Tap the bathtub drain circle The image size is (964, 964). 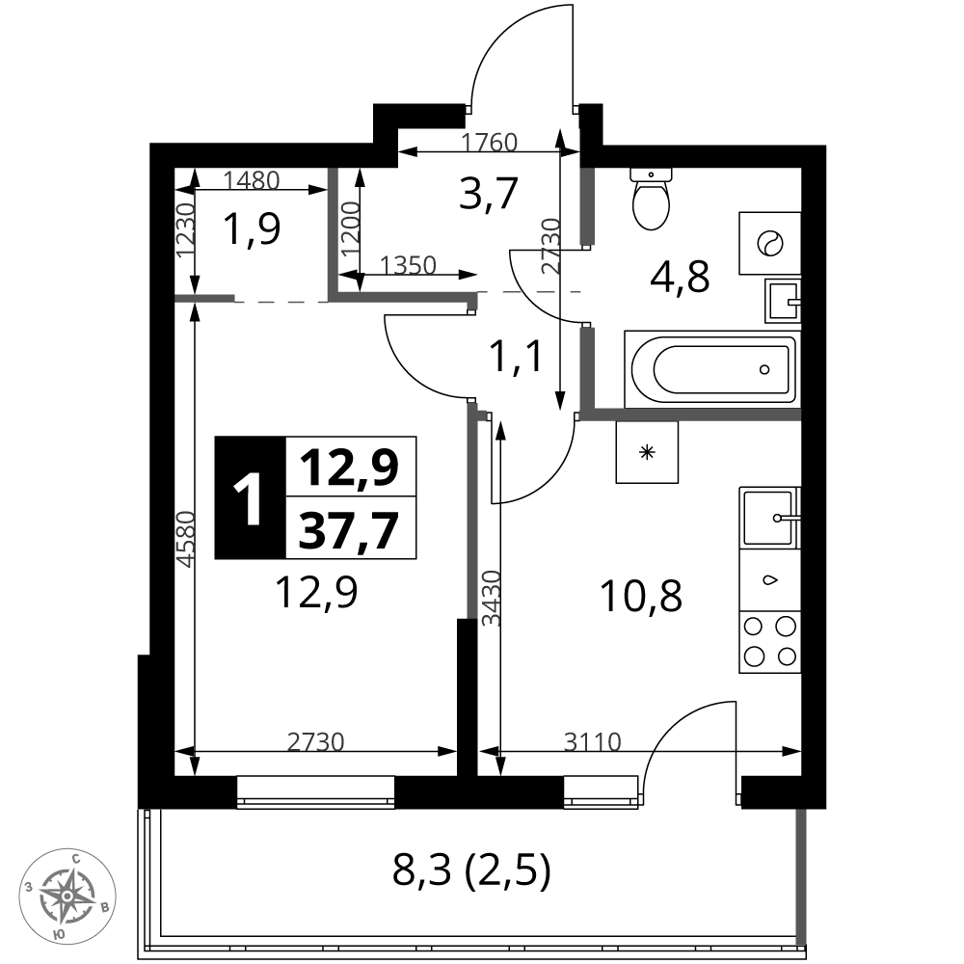(764, 369)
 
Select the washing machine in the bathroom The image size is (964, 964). (769, 244)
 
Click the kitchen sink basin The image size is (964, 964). (769, 517)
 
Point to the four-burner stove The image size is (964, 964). (769, 642)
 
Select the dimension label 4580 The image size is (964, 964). (184, 539)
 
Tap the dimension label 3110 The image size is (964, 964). (593, 742)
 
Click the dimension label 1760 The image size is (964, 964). (490, 143)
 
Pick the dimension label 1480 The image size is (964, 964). (252, 180)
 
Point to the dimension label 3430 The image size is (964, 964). (492, 599)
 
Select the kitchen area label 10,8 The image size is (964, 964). (641, 596)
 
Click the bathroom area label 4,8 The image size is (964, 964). (680, 277)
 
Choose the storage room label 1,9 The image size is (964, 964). (252, 228)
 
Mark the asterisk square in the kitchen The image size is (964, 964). (647, 452)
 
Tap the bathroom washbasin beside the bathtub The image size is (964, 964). (783, 301)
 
